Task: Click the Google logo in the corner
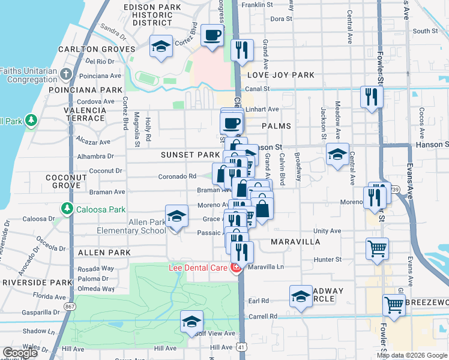(20, 353)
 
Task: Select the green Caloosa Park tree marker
(65, 209)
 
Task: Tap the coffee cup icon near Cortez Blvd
(211, 35)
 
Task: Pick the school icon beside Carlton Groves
(161, 46)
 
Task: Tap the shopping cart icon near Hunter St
(377, 248)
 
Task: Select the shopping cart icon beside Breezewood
(394, 304)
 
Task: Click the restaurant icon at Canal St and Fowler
(372, 96)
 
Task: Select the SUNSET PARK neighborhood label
(190, 155)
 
